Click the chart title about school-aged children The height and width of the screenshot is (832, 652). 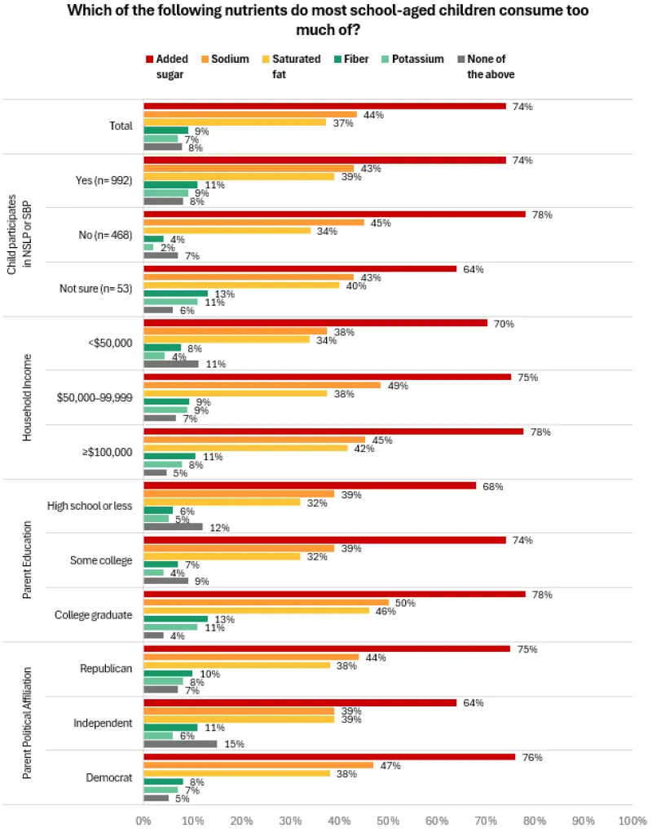pos(327,20)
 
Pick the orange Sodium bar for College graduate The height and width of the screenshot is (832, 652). pos(266,603)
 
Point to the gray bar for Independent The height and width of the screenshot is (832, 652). pos(180,743)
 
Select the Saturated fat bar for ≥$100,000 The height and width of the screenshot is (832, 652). pos(245,448)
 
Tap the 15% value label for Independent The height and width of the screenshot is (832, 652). pos(233,744)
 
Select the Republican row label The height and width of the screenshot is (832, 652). pos(106,668)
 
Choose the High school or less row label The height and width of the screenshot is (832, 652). pos(90,506)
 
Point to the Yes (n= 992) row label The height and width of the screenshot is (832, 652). pos(98,180)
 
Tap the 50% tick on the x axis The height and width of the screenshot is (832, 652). pos(388,820)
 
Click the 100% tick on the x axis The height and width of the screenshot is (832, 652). pos(631,820)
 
